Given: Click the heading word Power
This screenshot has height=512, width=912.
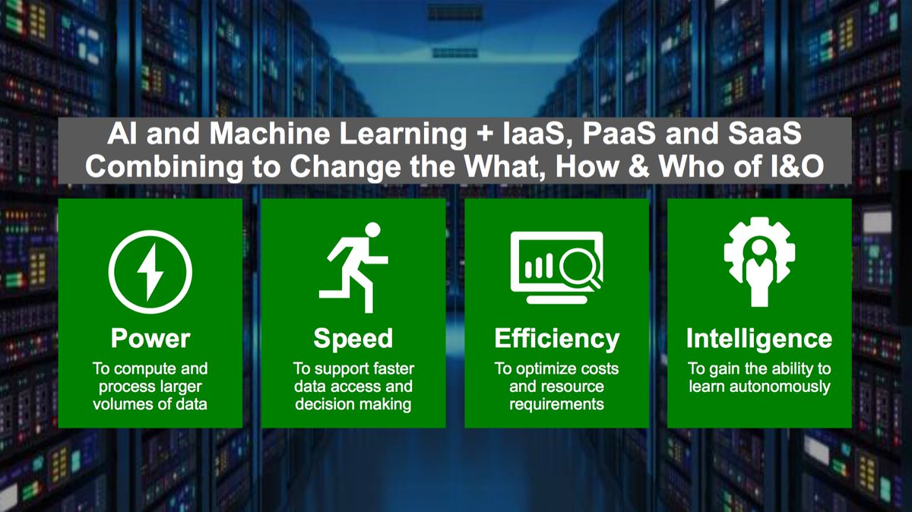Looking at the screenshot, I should [x=150, y=338].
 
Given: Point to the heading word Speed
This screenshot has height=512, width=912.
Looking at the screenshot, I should [x=353, y=338].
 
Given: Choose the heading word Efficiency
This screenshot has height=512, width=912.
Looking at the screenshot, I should [x=556, y=338].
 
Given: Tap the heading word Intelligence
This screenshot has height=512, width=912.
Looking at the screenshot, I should [x=758, y=338].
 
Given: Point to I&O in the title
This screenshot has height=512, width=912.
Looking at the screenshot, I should [x=793, y=166].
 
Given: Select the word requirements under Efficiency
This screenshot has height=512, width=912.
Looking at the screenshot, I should [x=556, y=403].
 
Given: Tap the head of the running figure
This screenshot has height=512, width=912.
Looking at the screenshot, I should [x=372, y=230].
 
